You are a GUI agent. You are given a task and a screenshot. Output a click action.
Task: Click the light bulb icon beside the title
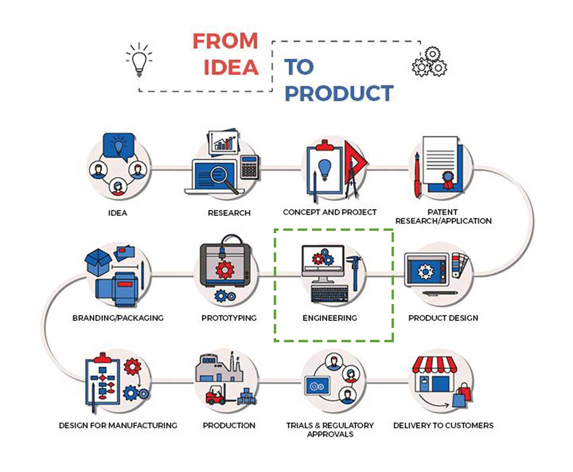pos(139,60)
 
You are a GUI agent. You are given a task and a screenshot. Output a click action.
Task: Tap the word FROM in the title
pos(225,41)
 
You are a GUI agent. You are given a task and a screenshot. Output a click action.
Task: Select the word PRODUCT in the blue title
pos(339,93)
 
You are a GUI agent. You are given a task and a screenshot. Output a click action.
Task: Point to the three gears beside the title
pos(429,62)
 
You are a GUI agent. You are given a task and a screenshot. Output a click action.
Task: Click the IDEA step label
pos(118,213)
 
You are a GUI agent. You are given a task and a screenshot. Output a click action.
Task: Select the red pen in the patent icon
pos(417,175)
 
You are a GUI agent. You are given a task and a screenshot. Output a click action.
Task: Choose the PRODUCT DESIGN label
pos(443,318)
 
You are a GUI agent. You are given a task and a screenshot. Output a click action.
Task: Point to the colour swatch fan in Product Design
pos(460,264)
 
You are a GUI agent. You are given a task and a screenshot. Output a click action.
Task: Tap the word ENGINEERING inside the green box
pos(329,318)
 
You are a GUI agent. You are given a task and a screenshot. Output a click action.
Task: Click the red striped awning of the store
pos(435,365)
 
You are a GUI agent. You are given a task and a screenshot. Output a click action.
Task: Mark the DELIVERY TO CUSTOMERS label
pos(443,425)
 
